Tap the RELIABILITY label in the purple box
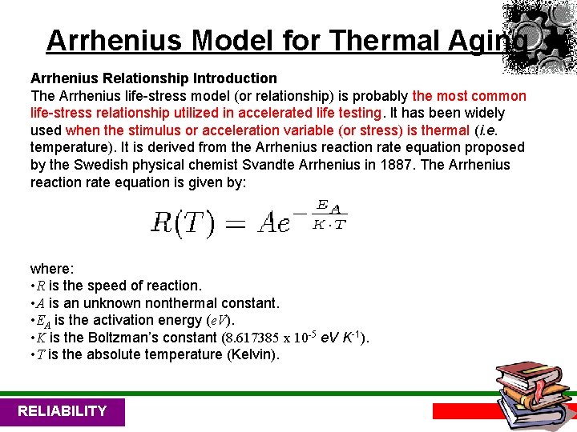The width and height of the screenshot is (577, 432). tap(62, 411)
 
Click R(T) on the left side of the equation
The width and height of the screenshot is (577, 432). tap(183, 222)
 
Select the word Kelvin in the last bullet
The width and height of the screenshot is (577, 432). tap(252, 354)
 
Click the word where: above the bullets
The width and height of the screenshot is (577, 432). tap(51, 268)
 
